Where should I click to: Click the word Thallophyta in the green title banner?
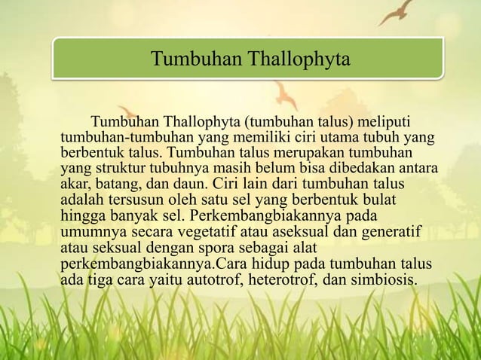(302, 59)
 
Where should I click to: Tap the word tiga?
(103, 279)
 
